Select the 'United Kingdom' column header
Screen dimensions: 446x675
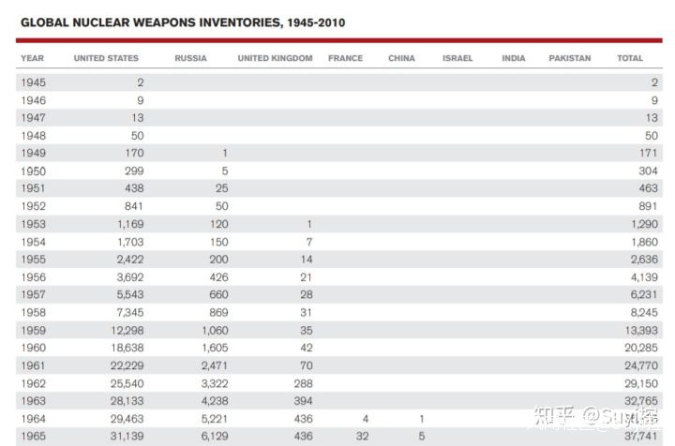tap(275, 58)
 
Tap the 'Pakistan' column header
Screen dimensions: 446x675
tap(570, 58)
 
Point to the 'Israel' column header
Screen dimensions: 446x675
tap(457, 58)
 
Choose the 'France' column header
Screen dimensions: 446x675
tap(345, 58)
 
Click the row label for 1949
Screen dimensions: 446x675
tap(33, 153)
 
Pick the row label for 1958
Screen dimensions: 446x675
tap(33, 312)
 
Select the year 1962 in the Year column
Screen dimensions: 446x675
tap(33, 383)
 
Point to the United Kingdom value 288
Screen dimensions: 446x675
tap(301, 383)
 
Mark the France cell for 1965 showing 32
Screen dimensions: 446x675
tap(363, 437)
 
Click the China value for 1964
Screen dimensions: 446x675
tap(422, 419)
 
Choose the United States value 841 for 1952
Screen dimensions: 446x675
tap(131, 206)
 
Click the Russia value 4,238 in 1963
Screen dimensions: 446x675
tap(214, 401)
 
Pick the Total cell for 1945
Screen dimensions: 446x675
tap(653, 82)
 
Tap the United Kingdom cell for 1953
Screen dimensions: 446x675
tap(308, 224)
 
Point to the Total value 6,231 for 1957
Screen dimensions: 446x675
tap(642, 295)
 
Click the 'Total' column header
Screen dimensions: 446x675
tap(630, 58)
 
